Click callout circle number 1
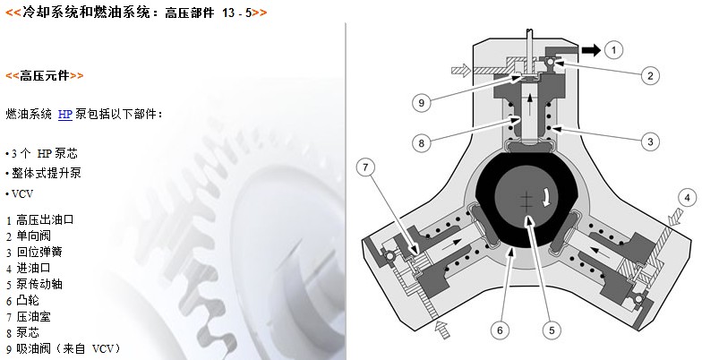point(613,50)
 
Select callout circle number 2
point(650,75)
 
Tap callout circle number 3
point(650,141)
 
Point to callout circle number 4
point(688,198)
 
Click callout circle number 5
point(552,330)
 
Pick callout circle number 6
point(500,330)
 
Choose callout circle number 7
point(365,167)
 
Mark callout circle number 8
point(421,143)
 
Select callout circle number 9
point(421,102)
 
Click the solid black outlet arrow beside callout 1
point(591,50)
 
